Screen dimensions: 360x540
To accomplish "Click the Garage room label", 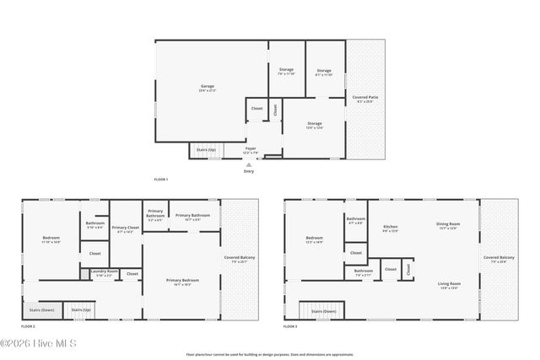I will [208, 88].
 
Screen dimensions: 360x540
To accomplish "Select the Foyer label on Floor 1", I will [251, 149].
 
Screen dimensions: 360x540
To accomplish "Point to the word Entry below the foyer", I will [249, 171].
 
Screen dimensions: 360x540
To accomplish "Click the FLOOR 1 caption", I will [160, 180].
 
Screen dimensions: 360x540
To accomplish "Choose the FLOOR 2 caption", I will [28, 325].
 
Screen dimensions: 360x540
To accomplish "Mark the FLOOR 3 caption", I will [290, 325].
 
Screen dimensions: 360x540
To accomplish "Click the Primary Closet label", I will [126, 228].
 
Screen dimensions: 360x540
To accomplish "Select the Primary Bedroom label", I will [182, 281].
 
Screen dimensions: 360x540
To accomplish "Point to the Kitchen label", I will [391, 228].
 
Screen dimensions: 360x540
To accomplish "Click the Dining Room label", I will [448, 224].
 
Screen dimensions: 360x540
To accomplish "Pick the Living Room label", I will [449, 284].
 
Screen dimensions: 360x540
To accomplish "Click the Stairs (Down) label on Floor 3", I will [324, 311].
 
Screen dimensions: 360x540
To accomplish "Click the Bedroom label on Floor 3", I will [315, 239].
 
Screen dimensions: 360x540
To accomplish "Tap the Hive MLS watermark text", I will [39, 343].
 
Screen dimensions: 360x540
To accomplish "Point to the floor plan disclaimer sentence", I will [269, 354].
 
